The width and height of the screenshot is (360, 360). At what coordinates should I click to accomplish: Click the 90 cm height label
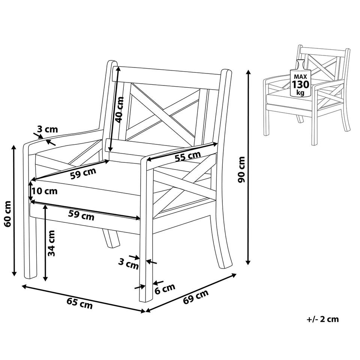click(242, 169)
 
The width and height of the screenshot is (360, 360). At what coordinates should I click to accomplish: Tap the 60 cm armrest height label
click(8, 214)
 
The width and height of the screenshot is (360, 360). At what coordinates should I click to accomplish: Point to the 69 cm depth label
click(196, 296)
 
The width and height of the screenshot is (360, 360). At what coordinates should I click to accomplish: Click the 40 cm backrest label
click(119, 110)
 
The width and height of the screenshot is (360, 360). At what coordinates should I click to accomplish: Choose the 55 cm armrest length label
click(187, 157)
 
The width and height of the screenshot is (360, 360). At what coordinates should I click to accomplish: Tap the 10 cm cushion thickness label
click(45, 191)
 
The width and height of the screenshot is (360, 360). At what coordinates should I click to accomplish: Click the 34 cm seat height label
click(51, 243)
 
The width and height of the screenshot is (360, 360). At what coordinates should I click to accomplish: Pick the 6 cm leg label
click(165, 289)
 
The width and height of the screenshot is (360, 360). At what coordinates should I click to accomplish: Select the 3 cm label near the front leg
click(129, 264)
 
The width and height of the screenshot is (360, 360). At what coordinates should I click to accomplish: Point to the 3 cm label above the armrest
click(48, 129)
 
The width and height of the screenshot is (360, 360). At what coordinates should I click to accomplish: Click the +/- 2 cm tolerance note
click(322, 319)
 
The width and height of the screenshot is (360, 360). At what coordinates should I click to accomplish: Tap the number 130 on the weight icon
click(300, 84)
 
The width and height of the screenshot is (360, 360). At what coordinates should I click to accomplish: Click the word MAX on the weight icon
click(300, 76)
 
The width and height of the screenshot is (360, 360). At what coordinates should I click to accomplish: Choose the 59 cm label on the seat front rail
click(81, 215)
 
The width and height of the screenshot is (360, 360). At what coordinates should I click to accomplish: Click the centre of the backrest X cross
click(163, 114)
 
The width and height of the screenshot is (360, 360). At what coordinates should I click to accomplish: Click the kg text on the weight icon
click(300, 93)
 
